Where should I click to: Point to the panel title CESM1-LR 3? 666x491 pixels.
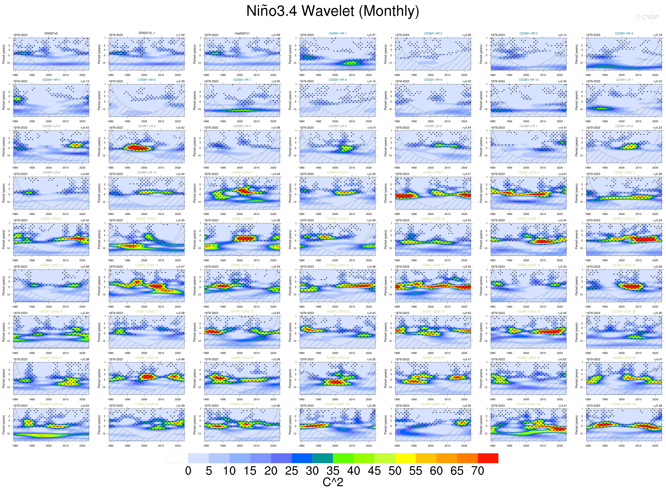tap(146, 126)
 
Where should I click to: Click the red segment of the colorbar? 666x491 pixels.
tap(488, 458)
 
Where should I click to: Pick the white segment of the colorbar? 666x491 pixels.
tap(178, 458)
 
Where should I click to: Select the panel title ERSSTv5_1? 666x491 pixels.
tap(146, 33)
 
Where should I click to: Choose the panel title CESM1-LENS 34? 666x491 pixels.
tap(51, 404)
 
